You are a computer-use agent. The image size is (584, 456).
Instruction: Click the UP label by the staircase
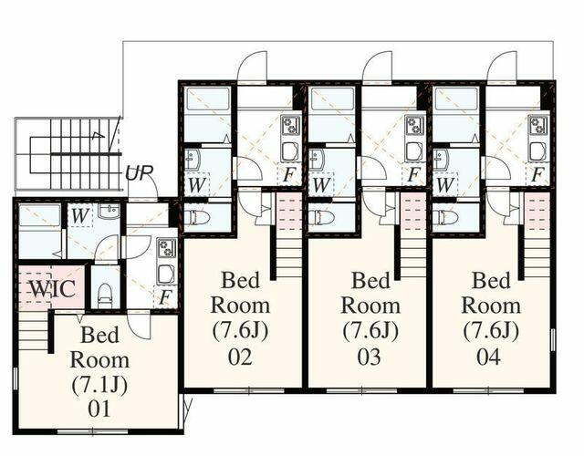(x=139, y=172)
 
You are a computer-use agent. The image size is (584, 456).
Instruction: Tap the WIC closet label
(x=53, y=288)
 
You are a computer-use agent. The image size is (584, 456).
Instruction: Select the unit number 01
(x=99, y=409)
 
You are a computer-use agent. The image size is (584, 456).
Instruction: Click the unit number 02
(x=240, y=357)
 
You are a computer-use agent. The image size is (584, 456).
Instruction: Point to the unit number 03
(x=369, y=357)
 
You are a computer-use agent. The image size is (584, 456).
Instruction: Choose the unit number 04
(x=489, y=357)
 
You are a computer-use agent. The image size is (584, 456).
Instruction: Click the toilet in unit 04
(x=444, y=217)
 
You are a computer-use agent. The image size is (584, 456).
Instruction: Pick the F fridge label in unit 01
(x=164, y=298)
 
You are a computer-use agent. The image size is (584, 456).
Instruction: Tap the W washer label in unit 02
(x=196, y=185)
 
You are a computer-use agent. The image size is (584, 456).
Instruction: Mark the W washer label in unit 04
(x=444, y=185)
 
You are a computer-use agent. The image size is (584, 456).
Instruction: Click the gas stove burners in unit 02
(x=288, y=126)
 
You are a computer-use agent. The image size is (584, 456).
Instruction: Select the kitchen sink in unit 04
(x=537, y=151)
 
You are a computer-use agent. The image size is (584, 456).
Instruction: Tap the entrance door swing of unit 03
(x=377, y=66)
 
